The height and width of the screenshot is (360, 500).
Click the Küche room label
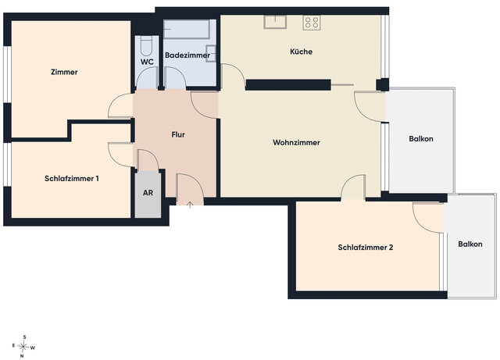(x=301, y=52)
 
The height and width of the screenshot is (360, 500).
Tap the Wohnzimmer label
(x=296, y=143)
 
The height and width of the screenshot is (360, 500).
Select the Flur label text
(x=178, y=134)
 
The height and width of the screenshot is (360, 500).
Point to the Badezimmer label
(x=187, y=55)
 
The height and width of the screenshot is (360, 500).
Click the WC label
(x=147, y=62)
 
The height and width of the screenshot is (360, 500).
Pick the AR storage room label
(x=148, y=193)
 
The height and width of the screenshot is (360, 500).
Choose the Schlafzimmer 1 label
(x=72, y=179)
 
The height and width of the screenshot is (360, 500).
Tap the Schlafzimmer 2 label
(x=366, y=248)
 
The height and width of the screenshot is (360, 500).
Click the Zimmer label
(x=64, y=72)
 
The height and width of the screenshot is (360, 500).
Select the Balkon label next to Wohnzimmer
(x=421, y=139)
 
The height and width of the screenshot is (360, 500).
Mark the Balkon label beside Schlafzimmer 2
(x=470, y=244)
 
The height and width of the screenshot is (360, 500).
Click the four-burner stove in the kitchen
(x=312, y=23)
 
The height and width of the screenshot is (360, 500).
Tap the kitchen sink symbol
(x=275, y=22)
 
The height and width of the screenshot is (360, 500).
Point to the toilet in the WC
(x=146, y=47)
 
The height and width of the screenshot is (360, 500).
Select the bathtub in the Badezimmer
(x=187, y=30)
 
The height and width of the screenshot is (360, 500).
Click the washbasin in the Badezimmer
(x=211, y=54)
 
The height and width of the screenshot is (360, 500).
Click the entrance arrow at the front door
(x=190, y=205)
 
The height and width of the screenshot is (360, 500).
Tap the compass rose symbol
(x=23, y=346)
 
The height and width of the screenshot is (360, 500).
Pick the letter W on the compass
(x=33, y=348)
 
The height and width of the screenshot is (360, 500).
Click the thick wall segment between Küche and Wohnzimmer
(x=288, y=85)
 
